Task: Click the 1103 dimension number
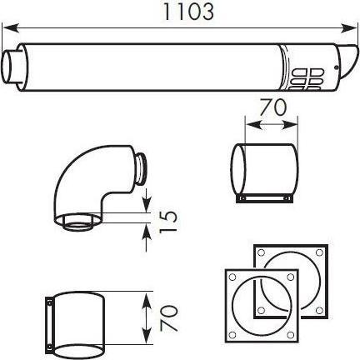[188, 12]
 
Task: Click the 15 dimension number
[168, 221]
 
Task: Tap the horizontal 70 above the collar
[272, 107]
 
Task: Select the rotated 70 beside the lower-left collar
[168, 318]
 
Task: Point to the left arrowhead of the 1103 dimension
[12, 28]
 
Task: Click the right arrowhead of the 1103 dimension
[348, 28]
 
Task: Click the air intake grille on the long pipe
[307, 79]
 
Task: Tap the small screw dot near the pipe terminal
[337, 67]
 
